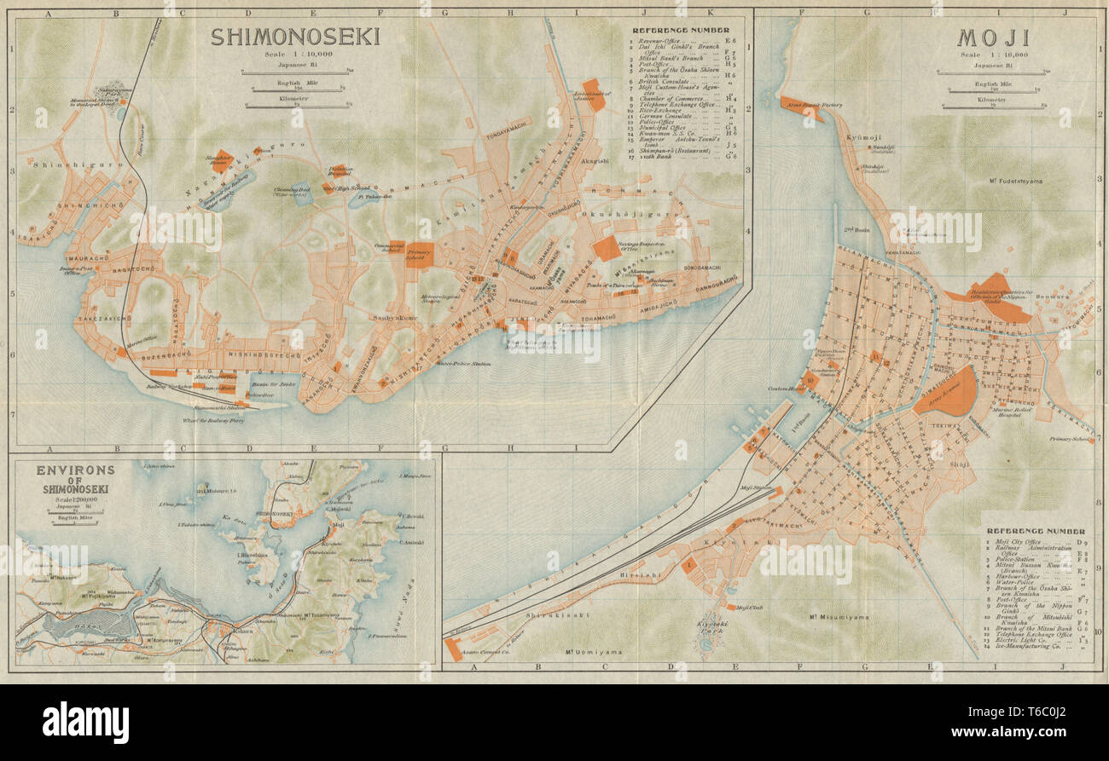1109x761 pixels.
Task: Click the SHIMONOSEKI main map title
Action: click(x=295, y=37)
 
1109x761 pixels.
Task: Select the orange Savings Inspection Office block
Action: click(x=607, y=248)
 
